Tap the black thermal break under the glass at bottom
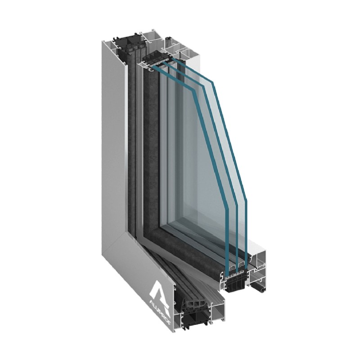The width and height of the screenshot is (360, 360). (237, 283)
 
